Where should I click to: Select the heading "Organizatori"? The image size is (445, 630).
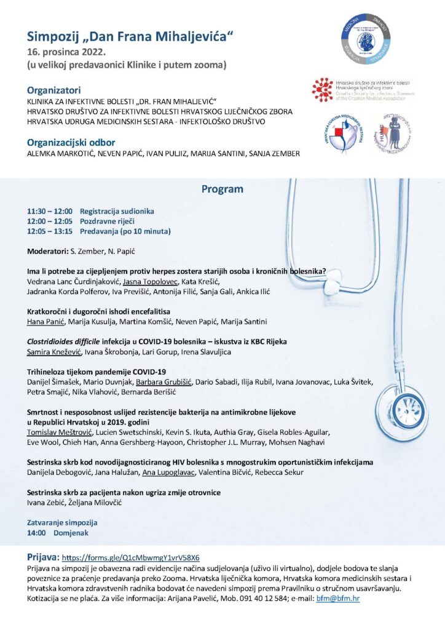pyautogui.click(x=54, y=89)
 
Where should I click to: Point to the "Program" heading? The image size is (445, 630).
pyautogui.click(x=222, y=189)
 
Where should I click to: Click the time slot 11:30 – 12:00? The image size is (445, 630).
pyautogui.click(x=50, y=211)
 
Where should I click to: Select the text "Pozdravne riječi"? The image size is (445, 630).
pyautogui.click(x=108, y=221)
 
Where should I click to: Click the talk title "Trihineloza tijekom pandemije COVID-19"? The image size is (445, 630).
pyautogui.click(x=97, y=372)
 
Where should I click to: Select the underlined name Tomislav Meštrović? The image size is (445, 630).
pyautogui.click(x=55, y=432)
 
